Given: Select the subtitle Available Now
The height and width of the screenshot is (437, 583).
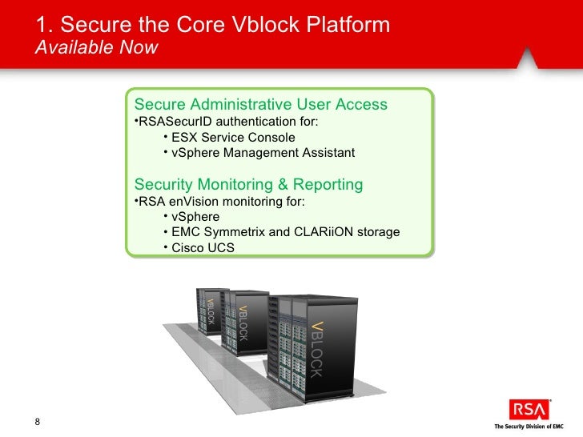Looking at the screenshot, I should tap(97, 48).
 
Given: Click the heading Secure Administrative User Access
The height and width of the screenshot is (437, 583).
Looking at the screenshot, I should tap(261, 105).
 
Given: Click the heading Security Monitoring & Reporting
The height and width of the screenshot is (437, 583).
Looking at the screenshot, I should tap(248, 185).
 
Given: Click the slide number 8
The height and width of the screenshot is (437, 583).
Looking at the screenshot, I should tap(38, 422).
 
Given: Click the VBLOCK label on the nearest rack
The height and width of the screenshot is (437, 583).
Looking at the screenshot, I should tap(316, 348).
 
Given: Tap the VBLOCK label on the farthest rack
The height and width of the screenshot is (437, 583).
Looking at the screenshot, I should tap(211, 315).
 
